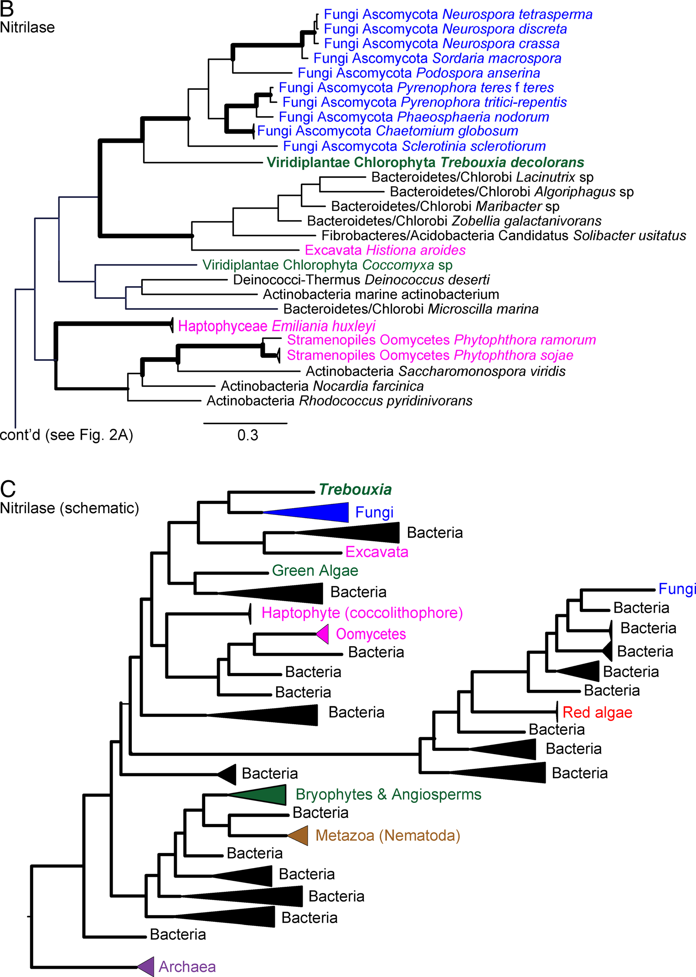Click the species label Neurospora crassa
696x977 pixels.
tap(441, 44)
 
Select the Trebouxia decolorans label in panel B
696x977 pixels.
tap(425, 162)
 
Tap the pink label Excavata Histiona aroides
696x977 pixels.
tap(385, 250)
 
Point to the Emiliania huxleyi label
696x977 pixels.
tap(277, 326)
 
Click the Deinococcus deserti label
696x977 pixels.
tap(361, 279)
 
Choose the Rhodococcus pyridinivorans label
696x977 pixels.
tap(339, 401)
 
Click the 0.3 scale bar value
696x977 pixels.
tap(247, 435)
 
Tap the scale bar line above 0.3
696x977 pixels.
tap(245, 423)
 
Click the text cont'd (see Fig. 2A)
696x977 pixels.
tap(67, 435)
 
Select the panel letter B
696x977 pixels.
tap(7, 9)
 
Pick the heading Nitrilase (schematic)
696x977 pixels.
tap(69, 508)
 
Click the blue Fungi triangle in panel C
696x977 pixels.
tap(319, 512)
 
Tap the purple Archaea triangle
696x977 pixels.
tap(147, 966)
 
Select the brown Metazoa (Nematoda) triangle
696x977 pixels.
tap(299, 835)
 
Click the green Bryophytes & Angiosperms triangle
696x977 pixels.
tap(264, 795)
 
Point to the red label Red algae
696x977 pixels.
tap(597, 712)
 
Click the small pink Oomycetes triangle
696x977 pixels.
tap(323, 634)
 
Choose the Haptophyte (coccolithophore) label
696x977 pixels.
tap(362, 613)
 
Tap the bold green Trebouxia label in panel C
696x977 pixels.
tap(355, 489)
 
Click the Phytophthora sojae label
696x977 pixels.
tap(430, 355)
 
